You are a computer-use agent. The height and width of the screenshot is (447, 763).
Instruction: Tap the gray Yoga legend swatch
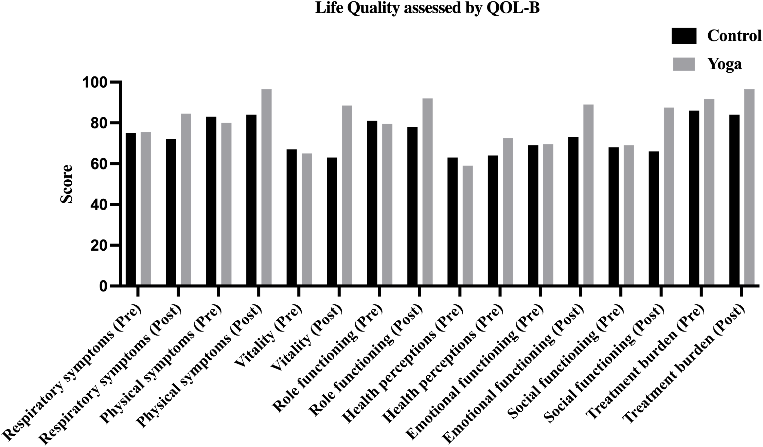684,64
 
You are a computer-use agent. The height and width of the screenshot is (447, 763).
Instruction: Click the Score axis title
67,184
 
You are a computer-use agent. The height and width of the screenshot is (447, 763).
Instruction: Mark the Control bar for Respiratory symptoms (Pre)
131,209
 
